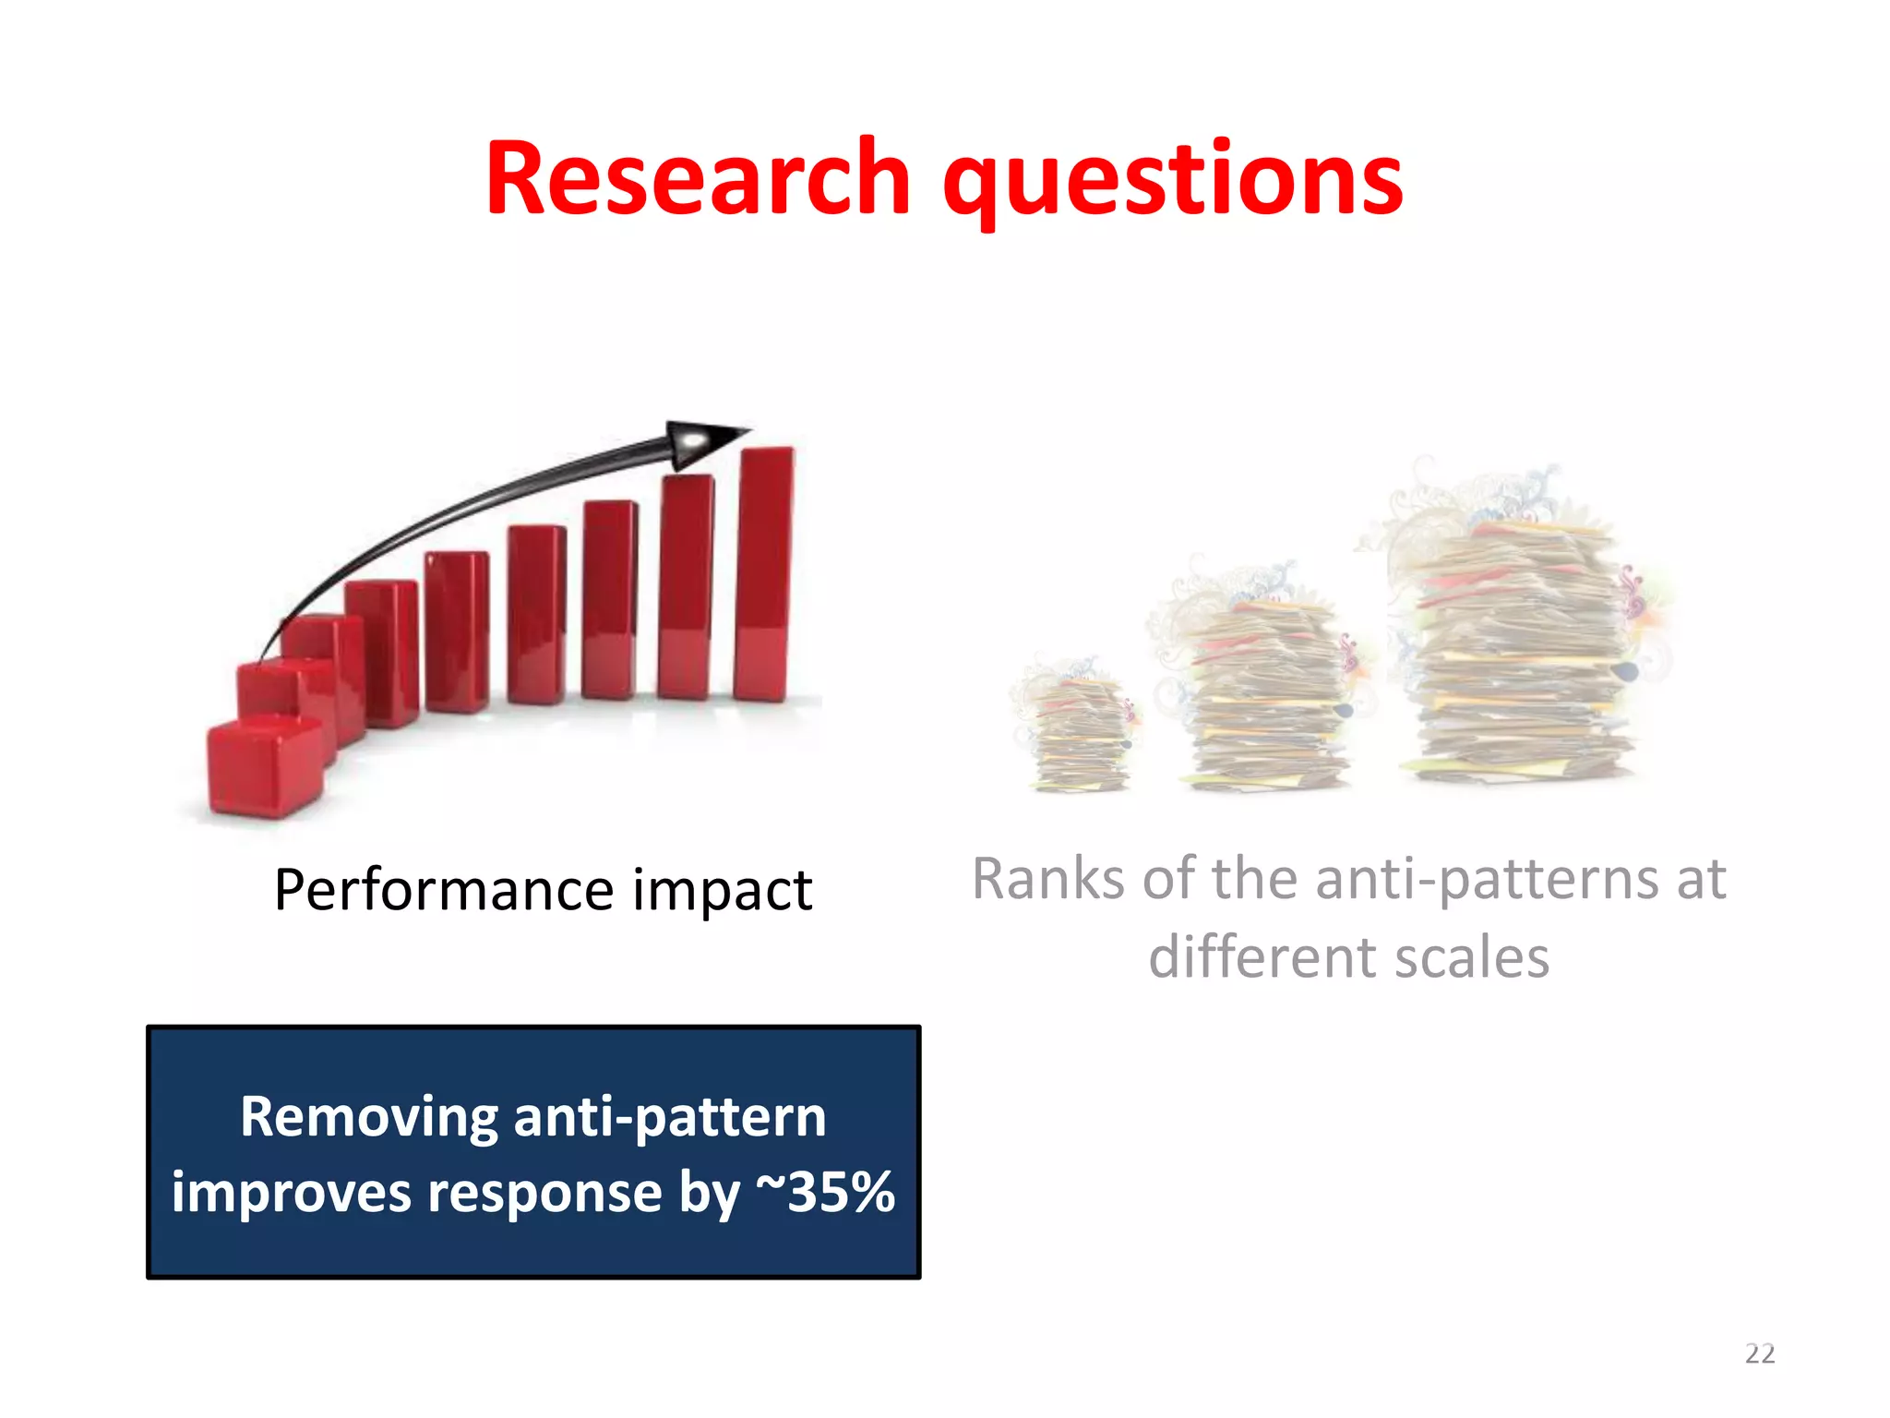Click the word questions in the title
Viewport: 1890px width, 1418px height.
click(x=1172, y=181)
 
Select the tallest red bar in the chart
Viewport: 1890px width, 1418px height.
click(x=764, y=572)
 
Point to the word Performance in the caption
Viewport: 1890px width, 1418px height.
click(x=444, y=891)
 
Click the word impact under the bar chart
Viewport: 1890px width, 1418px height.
click(x=722, y=892)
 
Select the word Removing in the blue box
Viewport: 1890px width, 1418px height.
click(x=369, y=1118)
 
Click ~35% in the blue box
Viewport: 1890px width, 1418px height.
click(x=825, y=1192)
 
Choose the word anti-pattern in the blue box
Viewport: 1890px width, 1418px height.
click(x=670, y=1117)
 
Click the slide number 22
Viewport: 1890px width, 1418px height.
click(x=1759, y=1353)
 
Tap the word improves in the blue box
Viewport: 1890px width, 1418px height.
click(x=291, y=1194)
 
